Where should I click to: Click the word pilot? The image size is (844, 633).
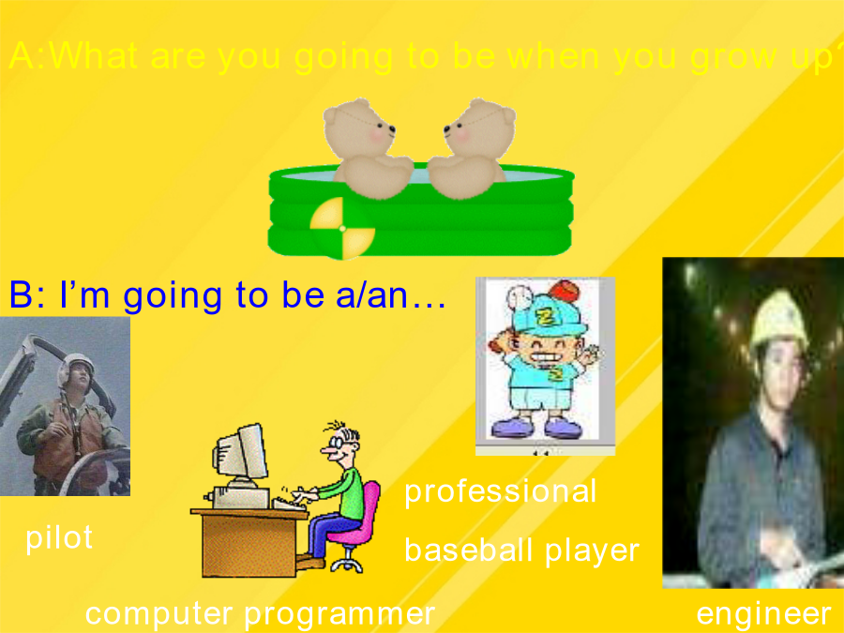coord(59,537)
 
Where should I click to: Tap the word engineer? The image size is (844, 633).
coord(763,613)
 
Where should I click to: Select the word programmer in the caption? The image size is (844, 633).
coord(339,613)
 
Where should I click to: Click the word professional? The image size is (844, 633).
coord(500,491)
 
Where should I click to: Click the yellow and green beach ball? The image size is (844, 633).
coord(341,228)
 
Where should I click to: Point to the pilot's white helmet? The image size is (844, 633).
coord(77,366)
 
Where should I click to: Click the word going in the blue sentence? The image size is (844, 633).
coord(173,296)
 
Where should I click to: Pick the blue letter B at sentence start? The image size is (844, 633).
coord(21,294)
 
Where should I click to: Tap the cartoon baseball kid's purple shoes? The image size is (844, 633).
coord(536,428)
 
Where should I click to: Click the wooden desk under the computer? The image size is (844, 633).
coord(249,541)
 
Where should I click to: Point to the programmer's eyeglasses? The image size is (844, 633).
coord(336,443)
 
